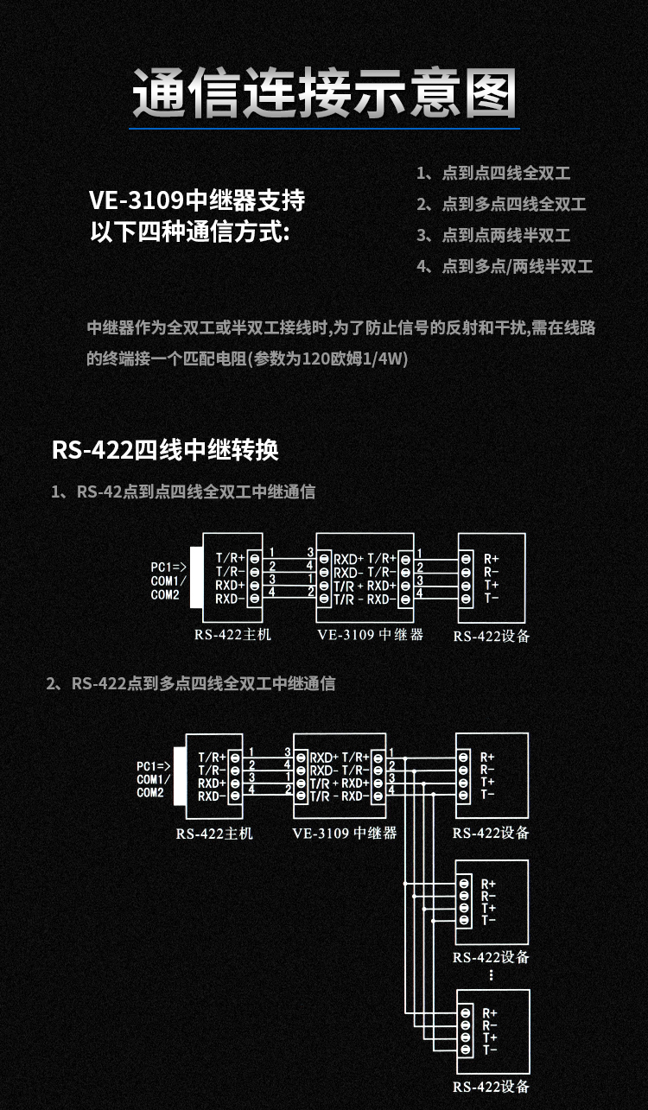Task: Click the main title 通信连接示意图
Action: pyautogui.click(x=324, y=92)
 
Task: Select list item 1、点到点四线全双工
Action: pyautogui.click(x=493, y=173)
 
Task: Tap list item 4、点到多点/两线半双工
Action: pyautogui.click(x=505, y=266)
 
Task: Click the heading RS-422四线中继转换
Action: pyautogui.click(x=165, y=450)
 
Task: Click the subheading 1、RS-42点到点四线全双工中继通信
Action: pyautogui.click(x=183, y=492)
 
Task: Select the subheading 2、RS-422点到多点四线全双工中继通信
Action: pyautogui.click(x=191, y=683)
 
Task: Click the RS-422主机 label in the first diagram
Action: pyautogui.click(x=232, y=635)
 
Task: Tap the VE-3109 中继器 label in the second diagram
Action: pyautogui.click(x=345, y=833)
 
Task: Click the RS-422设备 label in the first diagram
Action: pyautogui.click(x=491, y=637)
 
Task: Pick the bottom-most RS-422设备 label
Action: pyautogui.click(x=491, y=1087)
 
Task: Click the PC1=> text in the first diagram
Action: pyautogui.click(x=168, y=567)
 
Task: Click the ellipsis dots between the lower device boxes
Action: pyautogui.click(x=491, y=974)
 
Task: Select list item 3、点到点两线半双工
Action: pyautogui.click(x=493, y=235)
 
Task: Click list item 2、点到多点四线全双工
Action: pyautogui.click(x=501, y=204)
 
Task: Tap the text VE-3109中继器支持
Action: pyautogui.click(x=197, y=201)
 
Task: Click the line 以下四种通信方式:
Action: pyautogui.click(x=191, y=232)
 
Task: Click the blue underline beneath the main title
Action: pyautogui.click(x=324, y=129)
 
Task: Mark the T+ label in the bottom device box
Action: pyautogui.click(x=489, y=1037)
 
